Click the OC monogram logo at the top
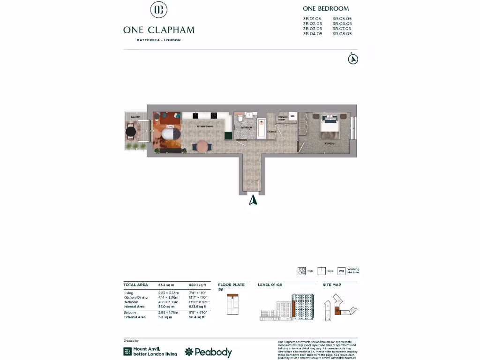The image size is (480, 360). [158, 10]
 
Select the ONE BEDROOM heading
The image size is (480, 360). [326, 8]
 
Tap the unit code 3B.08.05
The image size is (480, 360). [342, 34]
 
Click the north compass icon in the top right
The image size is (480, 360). [353, 59]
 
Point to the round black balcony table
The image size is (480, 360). [132, 132]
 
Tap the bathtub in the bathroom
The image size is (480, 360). [261, 128]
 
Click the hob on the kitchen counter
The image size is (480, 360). [213, 115]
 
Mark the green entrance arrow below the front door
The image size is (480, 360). [253, 200]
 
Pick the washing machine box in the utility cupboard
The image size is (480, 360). [292, 116]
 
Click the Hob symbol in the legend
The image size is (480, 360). [301, 271]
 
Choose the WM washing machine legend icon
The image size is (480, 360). [341, 271]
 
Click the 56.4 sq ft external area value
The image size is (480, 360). [197, 317]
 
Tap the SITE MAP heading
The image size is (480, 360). [332, 285]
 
